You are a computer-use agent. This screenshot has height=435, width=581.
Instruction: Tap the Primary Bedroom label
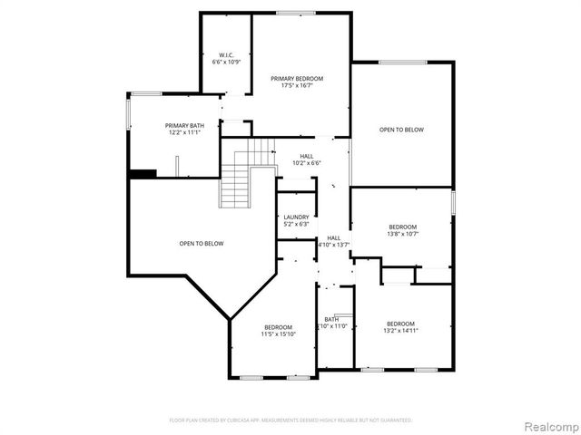297,79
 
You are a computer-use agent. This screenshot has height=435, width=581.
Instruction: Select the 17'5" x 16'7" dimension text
297,86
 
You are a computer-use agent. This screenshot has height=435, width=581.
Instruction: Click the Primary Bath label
182,125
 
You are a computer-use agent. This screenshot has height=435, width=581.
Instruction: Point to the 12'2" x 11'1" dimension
182,132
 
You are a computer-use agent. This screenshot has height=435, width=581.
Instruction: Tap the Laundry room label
296,217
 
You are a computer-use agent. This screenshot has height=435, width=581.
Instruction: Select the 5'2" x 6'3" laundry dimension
296,224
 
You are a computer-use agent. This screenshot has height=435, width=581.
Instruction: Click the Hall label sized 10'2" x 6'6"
308,156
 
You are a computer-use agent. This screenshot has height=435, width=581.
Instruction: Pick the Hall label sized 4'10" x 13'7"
333,237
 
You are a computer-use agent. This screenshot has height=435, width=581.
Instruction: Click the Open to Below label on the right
401,130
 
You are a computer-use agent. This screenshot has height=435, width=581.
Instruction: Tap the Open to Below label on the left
201,243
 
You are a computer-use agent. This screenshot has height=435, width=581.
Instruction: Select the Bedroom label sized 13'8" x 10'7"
402,227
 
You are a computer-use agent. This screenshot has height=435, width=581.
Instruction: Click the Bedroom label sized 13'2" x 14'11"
400,324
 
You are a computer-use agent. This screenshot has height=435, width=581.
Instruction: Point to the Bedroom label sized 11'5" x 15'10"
278,327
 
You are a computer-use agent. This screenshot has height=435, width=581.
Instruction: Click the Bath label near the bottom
331,319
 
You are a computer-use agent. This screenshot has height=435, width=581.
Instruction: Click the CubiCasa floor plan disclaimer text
290,420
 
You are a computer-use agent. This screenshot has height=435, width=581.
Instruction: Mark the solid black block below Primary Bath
143,173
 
